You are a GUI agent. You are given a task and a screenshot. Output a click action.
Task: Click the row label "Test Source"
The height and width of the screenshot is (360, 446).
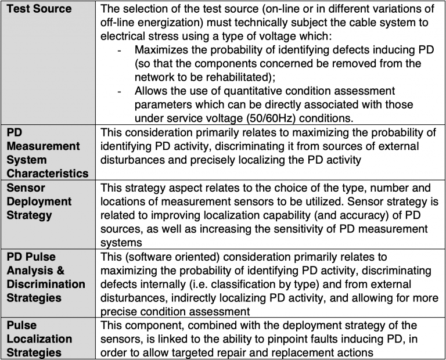[39, 9]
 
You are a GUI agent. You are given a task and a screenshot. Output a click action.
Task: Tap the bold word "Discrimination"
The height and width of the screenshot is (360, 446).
[46, 285]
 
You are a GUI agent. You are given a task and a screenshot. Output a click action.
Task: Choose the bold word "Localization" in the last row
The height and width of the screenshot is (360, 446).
[39, 338]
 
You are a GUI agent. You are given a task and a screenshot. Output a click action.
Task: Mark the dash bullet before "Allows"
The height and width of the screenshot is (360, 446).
[119, 91]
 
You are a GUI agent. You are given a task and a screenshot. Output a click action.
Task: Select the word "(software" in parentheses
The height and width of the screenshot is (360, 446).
[148, 257]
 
